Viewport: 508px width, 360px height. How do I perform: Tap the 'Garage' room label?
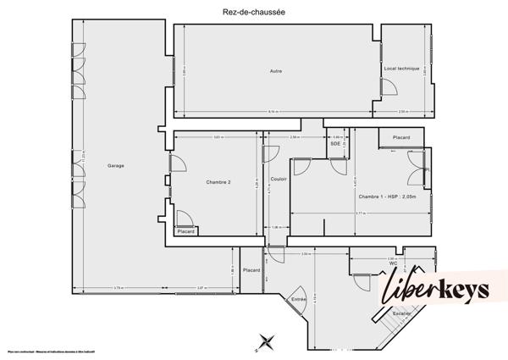click(x=116, y=165)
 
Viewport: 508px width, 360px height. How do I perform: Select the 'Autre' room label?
click(x=275, y=71)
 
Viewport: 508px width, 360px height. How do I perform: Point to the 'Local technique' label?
click(x=401, y=68)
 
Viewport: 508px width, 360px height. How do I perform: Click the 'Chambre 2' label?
click(x=218, y=182)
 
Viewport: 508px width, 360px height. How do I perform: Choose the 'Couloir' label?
click(x=279, y=180)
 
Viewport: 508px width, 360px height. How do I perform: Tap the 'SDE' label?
click(x=336, y=145)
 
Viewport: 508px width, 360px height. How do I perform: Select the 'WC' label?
click(x=393, y=263)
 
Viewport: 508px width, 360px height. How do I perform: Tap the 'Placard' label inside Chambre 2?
click(x=186, y=231)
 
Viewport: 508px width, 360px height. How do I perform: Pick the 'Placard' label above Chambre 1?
click(x=400, y=137)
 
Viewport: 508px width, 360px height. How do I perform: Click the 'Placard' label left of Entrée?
click(x=251, y=270)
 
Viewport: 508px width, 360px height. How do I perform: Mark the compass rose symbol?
click(x=266, y=341)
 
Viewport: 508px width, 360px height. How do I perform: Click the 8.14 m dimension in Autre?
click(x=271, y=113)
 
